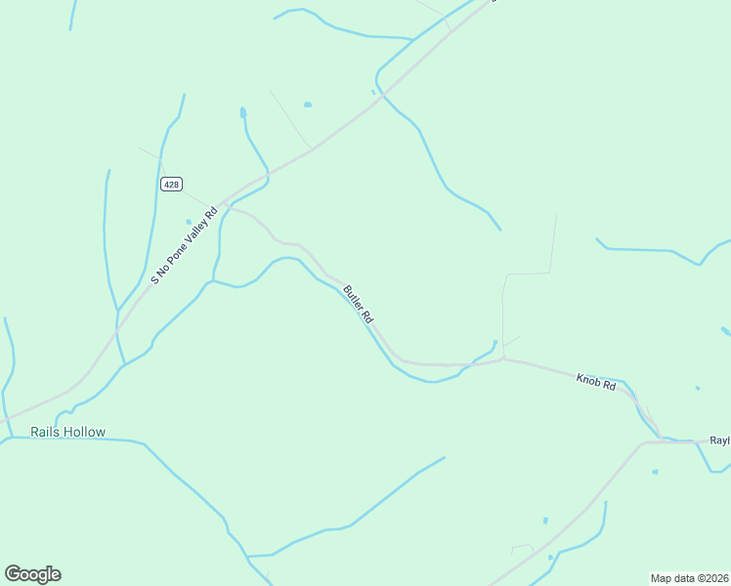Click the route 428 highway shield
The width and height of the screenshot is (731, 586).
172,185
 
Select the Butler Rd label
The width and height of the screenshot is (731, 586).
358,305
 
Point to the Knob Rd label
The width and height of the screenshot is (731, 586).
595,382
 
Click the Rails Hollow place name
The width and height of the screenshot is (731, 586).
67,432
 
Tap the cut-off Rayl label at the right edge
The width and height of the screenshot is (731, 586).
719,440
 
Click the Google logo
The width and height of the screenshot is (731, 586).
32,574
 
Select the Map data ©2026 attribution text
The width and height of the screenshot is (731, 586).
689,577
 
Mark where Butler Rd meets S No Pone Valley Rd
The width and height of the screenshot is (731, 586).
223,204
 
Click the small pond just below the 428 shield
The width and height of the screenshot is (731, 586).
189,222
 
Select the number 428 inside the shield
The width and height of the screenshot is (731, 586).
172,185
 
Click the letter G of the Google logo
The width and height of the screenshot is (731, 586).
13,574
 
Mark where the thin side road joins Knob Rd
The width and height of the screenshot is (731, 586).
503,359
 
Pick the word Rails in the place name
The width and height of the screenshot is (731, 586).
45,432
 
